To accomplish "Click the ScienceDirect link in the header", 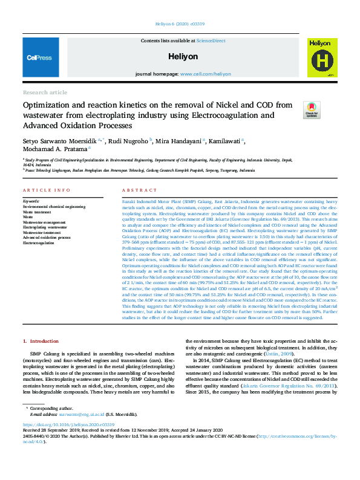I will (x=211, y=41).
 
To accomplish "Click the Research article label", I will (x=45, y=92).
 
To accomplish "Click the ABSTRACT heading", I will (x=135, y=190).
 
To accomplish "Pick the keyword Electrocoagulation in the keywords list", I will (x=38, y=243).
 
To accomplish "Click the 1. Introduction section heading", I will (x=41, y=342).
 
